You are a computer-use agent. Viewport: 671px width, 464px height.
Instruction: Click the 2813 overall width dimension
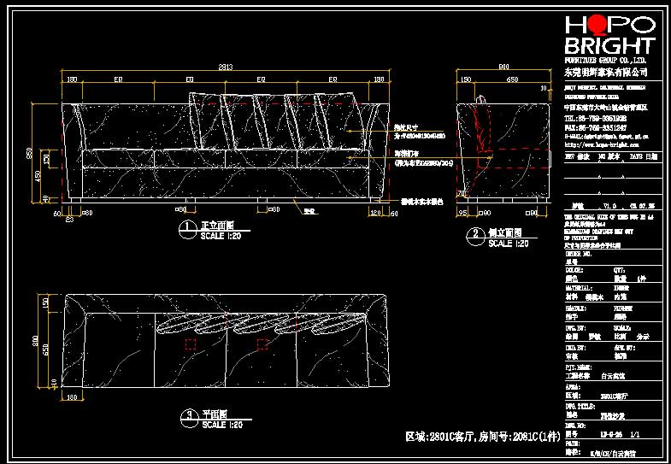225,67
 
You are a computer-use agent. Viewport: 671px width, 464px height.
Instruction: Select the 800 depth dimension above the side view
504,67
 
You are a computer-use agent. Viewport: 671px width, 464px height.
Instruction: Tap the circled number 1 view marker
186,228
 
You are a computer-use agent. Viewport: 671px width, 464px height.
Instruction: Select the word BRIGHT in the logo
609,46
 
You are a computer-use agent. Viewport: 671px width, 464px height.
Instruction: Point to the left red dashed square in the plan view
191,344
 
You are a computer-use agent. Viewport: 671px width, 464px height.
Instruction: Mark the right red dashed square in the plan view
263,344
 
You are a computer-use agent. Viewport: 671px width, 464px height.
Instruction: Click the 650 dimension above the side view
511,79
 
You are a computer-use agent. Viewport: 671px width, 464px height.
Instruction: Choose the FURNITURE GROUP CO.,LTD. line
605,62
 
